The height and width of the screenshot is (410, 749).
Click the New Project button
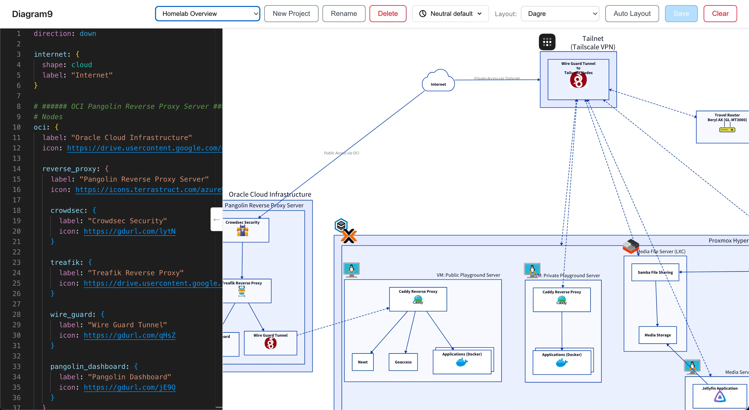[291, 14]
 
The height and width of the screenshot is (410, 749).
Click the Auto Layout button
[632, 14]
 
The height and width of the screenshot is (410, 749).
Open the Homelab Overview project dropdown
[207, 14]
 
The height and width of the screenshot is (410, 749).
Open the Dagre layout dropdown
[560, 14]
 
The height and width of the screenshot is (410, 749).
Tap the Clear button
[720, 14]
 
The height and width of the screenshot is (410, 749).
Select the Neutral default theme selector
[450, 14]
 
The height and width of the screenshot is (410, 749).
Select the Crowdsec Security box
[246, 230]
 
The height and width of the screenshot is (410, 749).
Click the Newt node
[363, 362]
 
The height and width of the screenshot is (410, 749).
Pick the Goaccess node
[403, 362]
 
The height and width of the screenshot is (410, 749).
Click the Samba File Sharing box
[655, 272]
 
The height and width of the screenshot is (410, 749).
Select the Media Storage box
[657, 335]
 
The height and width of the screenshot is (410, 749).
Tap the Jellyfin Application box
[720, 395]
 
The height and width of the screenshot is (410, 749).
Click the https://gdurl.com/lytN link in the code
[130, 231]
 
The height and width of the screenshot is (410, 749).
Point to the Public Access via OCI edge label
[341, 153]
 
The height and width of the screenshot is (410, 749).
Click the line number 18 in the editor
[17, 210]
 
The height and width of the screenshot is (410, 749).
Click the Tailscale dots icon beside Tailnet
[547, 42]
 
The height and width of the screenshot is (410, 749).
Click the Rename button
[344, 14]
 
